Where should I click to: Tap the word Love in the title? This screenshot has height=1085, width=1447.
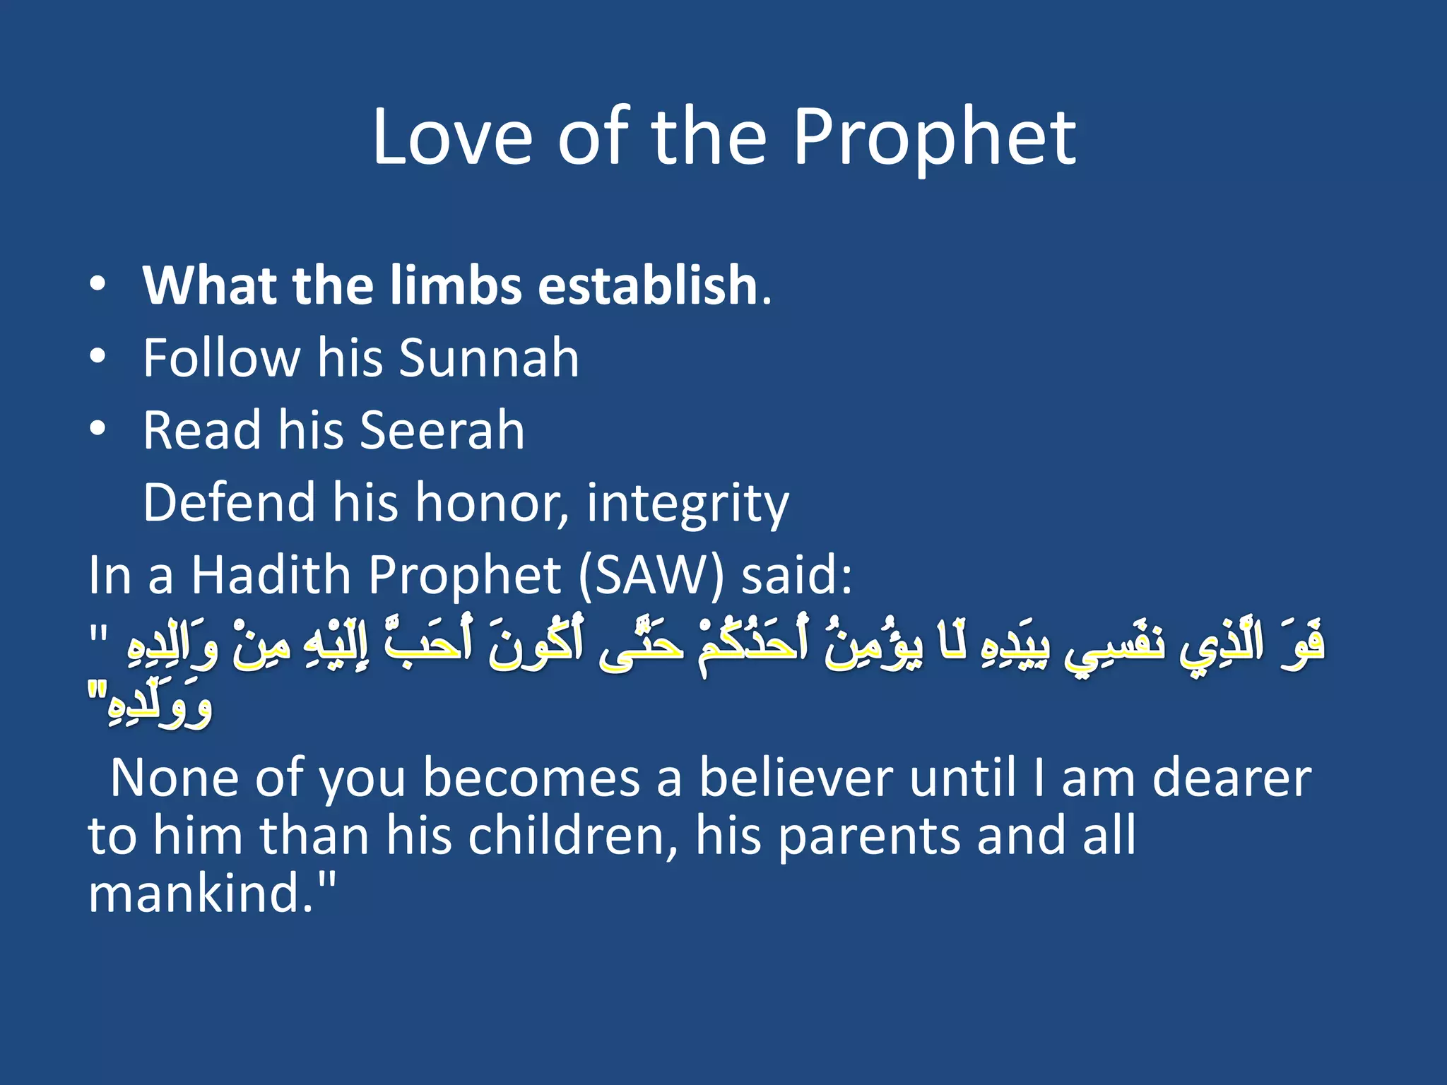pyautogui.click(x=452, y=138)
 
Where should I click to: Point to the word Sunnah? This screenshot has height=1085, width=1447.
pyautogui.click(x=489, y=357)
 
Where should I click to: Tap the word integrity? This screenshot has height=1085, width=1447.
pyautogui.click(x=687, y=504)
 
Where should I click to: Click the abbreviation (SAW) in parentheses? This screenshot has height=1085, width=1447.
pyautogui.click(x=651, y=576)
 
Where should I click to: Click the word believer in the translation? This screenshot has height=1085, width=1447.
pyautogui.click(x=796, y=778)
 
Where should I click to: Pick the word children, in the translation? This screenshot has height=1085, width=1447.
pyautogui.click(x=573, y=836)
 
